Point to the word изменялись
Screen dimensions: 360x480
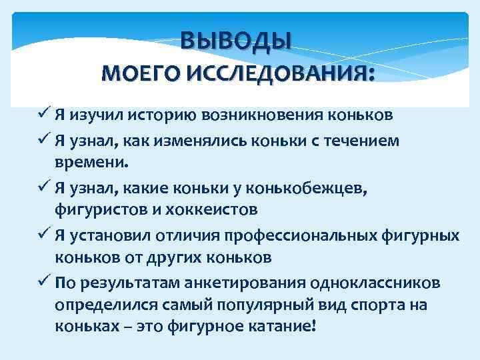207,141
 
